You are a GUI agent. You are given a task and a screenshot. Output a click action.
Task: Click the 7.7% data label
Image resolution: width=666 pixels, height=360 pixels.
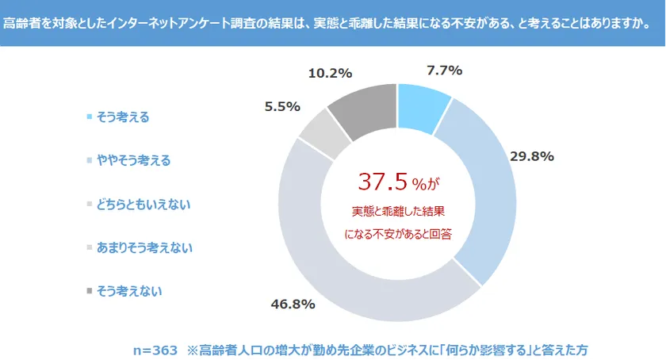(444, 71)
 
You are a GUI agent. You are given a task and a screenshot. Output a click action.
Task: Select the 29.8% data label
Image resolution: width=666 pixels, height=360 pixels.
(531, 155)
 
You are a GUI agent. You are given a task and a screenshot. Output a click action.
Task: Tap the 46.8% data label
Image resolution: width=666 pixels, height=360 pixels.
(293, 304)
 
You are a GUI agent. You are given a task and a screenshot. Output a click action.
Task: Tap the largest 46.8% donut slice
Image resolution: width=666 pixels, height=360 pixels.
(341, 262)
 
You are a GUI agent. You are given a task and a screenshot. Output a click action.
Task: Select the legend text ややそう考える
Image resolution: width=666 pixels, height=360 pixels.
(133, 160)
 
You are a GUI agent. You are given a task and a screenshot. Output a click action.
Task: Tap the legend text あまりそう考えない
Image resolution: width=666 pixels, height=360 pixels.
(144, 247)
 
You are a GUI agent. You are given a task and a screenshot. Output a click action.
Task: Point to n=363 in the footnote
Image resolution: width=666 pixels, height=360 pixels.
(155, 349)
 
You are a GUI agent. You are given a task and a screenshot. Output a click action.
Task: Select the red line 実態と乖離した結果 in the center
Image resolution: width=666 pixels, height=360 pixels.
(397, 213)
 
